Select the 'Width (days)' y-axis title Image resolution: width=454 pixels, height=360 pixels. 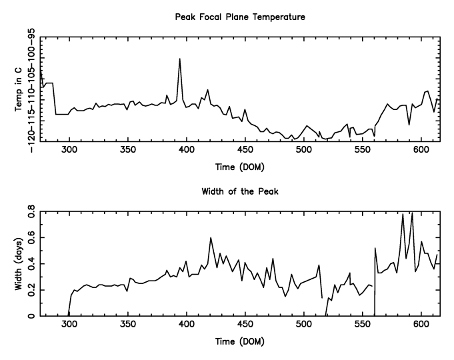click(19, 264)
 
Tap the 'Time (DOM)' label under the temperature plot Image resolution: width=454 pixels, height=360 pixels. click(239, 169)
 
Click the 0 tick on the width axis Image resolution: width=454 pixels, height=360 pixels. click(31, 315)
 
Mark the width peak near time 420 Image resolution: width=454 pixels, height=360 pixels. click(211, 237)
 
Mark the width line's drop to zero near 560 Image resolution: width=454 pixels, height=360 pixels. click(375, 315)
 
